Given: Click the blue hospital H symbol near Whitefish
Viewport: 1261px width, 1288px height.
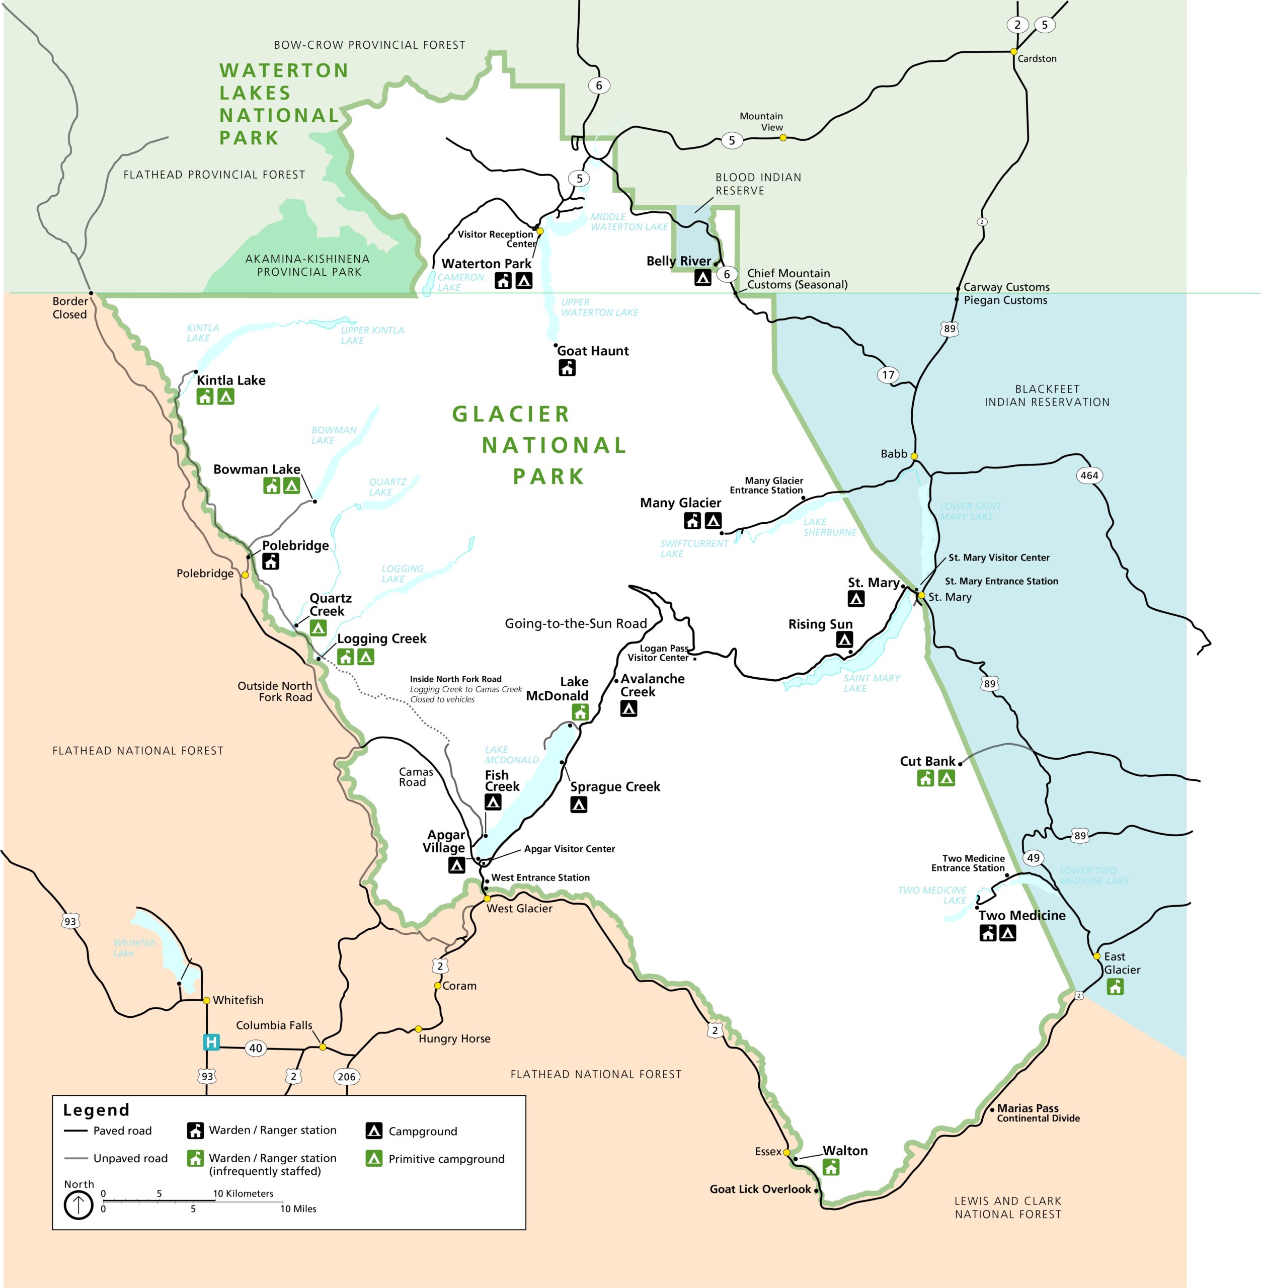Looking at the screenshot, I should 211,1041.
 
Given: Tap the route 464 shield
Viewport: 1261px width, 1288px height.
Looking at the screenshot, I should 1089,475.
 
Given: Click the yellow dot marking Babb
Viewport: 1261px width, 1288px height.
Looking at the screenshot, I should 914,456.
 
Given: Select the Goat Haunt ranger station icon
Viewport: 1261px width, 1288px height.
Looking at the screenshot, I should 567,368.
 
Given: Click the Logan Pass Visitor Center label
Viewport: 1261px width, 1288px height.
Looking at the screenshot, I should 658,653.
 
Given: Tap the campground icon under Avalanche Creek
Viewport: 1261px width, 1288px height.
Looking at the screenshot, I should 628,708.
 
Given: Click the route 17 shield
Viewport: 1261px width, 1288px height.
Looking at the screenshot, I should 888,375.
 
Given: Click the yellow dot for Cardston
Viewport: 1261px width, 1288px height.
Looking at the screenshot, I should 1013,52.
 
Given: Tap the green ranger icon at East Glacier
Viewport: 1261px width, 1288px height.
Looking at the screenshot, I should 1115,987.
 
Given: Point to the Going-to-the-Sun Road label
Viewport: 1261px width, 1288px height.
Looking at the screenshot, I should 576,623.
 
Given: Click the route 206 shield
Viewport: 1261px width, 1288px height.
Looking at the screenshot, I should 346,1076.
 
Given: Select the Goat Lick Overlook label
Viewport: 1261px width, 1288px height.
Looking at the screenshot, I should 760,1189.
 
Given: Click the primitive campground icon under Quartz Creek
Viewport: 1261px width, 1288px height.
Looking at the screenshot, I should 318,628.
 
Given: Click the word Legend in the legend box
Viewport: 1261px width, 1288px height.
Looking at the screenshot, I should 96,1110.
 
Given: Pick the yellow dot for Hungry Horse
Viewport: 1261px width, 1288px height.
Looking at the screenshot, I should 419,1029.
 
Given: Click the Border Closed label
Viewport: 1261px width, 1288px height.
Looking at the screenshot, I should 69,308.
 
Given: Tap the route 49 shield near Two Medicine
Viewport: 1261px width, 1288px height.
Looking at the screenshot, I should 1033,857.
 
